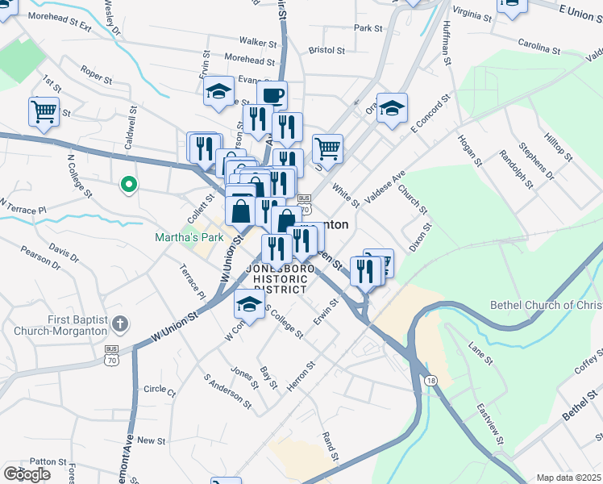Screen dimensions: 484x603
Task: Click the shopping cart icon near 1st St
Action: (44, 111)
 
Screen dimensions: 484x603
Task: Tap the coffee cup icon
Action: (272, 95)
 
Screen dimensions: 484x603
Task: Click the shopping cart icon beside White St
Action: (327, 148)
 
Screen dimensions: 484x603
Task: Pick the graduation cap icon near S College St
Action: (250, 305)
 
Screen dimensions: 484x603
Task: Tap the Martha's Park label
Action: (189, 238)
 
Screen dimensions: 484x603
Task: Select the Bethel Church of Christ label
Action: (546, 305)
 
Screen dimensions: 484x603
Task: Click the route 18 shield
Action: (432, 380)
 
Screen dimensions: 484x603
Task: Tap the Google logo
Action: (27, 474)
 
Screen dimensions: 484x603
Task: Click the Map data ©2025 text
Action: (568, 478)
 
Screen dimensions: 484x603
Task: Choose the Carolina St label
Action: (539, 46)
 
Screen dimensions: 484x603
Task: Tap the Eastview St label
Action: (489, 422)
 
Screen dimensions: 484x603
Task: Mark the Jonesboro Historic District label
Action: (281, 278)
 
